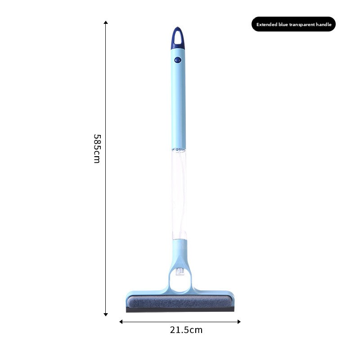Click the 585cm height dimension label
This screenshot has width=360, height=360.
point(97,148)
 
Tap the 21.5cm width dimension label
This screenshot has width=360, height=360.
point(186,330)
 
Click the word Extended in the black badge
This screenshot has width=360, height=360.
point(267,25)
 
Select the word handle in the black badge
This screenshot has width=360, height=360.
point(323,25)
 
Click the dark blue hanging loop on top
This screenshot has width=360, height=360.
point(178,38)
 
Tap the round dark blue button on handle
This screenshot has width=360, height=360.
point(178,59)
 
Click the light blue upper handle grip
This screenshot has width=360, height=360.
point(178,103)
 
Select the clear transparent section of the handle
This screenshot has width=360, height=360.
point(179,193)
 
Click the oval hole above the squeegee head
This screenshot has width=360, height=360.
point(179,279)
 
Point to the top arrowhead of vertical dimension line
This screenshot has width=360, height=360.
point(106,22)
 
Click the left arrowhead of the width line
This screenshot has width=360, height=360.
point(121,321)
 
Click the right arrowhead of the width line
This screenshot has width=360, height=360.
point(239,321)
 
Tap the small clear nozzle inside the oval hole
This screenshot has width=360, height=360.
point(180,272)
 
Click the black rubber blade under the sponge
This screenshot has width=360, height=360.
point(180,310)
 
